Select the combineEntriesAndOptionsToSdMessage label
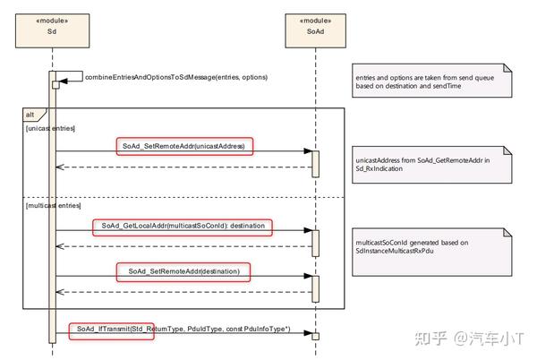coord(175,77)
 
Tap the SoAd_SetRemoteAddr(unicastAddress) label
coord(183,145)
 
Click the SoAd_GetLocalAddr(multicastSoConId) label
coord(183,225)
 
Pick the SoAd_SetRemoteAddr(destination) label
coord(183,270)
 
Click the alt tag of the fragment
coord(32,114)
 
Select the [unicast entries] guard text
coord(51,129)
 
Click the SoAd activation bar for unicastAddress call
coord(315,163)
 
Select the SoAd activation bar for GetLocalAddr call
coord(315,243)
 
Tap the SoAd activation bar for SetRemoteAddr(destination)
coord(315,287)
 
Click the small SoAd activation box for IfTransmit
coord(315,335)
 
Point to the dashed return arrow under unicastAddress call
coord(183,167)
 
